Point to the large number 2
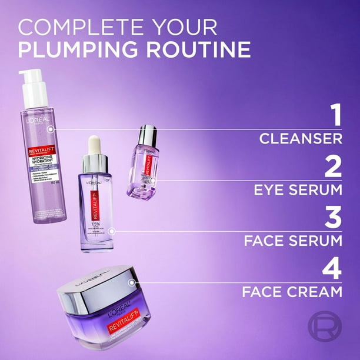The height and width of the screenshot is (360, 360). (x=334, y=166)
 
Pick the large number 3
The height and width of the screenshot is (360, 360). (x=334, y=218)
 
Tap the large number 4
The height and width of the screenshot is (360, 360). (x=333, y=269)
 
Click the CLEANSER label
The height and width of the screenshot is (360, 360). (x=301, y=139)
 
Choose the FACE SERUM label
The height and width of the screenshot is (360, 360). (x=292, y=241)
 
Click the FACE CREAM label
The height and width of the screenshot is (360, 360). (x=292, y=291)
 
